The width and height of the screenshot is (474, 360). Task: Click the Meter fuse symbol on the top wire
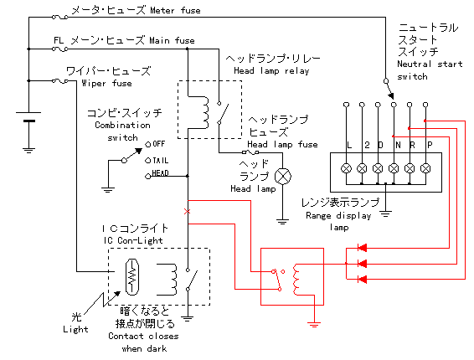point(59,18)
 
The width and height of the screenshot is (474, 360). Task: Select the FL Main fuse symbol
point(59,49)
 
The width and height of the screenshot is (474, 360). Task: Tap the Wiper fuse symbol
point(59,80)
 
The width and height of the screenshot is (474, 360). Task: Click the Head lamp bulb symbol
point(283,176)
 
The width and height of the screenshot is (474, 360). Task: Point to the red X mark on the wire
point(187,212)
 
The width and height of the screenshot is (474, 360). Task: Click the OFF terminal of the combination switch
point(148,145)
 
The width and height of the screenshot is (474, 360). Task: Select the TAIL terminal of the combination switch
point(148,161)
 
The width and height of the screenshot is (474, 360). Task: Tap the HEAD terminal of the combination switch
point(148,176)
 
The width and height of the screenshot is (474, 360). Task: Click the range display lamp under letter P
point(425,168)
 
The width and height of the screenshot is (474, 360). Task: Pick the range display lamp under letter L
point(346,168)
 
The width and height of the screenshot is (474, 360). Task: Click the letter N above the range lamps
point(398,146)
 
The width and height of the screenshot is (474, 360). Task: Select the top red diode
point(362,248)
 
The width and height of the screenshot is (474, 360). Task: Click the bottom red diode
point(362,279)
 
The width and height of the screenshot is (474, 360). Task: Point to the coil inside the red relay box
point(296,280)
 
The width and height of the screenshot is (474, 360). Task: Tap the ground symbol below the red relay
point(314,325)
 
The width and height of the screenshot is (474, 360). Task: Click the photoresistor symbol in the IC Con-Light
point(132,277)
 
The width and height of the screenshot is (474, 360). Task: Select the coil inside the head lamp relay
point(205,112)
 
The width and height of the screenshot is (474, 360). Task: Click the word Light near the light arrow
point(75,330)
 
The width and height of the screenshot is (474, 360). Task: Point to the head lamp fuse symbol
point(250,152)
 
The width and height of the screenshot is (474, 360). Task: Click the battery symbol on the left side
point(28,117)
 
